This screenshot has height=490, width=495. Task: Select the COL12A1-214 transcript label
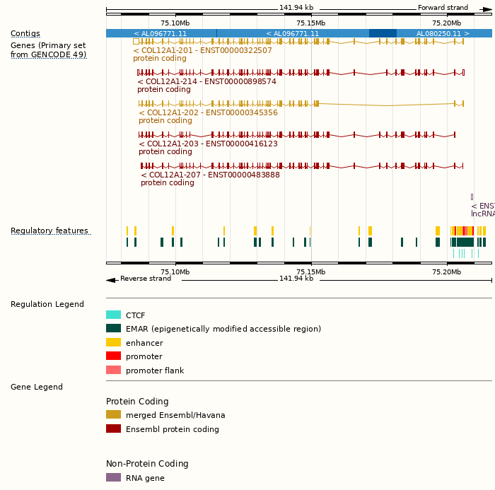[x=206, y=81]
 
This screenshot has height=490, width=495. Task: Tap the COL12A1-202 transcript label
[x=208, y=112]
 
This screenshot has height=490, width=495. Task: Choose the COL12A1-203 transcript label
[x=208, y=144]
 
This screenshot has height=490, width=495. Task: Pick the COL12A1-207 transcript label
[x=210, y=175]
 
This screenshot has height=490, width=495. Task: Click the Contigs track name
[x=25, y=33]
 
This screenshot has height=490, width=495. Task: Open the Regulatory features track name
[x=49, y=231]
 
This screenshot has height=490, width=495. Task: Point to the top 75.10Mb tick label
[x=175, y=23]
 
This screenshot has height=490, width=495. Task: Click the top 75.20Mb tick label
[x=446, y=23]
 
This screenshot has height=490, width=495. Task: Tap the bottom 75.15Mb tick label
[x=310, y=272]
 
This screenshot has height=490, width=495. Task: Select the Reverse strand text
[x=146, y=279]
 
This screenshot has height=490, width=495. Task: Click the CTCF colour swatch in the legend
[x=113, y=315]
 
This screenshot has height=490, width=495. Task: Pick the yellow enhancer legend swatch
[x=113, y=342]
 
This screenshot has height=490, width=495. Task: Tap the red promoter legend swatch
[x=113, y=356]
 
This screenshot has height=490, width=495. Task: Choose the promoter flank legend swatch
[x=113, y=370]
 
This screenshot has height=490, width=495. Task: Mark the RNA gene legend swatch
[x=113, y=477]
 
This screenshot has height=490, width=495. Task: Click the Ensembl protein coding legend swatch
[x=113, y=428]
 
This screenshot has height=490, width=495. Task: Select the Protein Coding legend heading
[x=137, y=401]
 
